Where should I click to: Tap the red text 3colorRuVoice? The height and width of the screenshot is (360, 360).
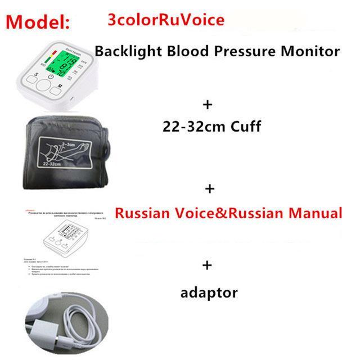pyautogui.click(x=165, y=20)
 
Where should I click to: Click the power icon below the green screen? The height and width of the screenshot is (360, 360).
pyautogui.click(x=51, y=77)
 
